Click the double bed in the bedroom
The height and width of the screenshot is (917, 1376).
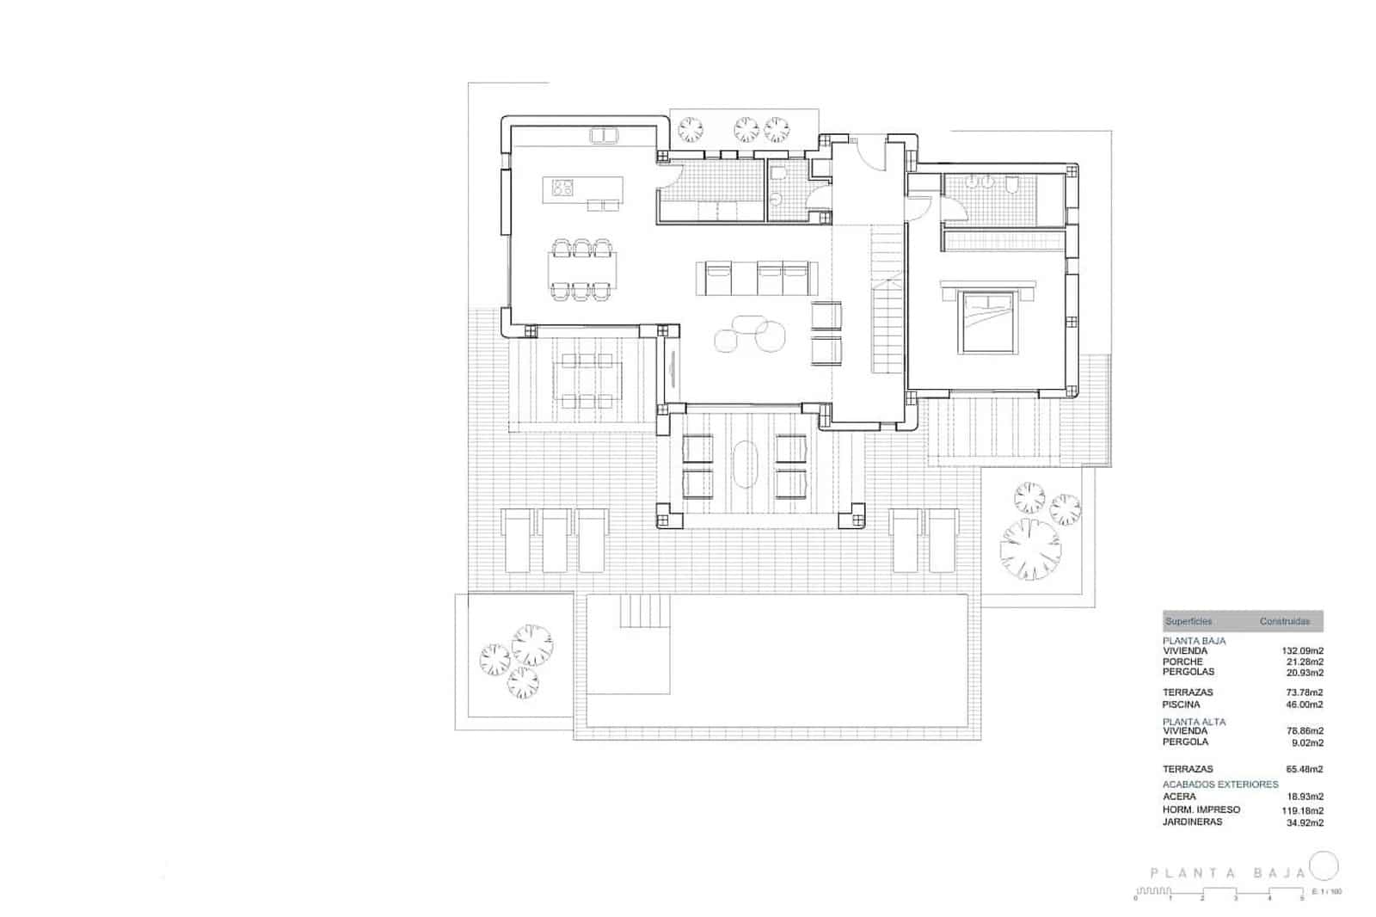(987, 320)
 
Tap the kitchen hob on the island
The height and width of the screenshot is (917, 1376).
(563, 187)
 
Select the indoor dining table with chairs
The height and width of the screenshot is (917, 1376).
(582, 269)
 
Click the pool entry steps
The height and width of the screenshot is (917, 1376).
(644, 612)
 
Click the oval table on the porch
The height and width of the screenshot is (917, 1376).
(745, 465)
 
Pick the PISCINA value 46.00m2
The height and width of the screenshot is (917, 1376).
(1303, 705)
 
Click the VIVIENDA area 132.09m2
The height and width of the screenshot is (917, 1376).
(1303, 651)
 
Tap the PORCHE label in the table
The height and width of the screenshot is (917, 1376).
(1182, 662)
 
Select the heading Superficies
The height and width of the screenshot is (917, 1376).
(1189, 621)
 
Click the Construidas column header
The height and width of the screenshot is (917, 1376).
(1285, 621)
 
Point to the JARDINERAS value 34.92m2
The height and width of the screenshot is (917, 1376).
(1303, 822)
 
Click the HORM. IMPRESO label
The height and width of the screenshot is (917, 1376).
(1201, 809)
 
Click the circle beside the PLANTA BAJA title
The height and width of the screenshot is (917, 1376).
(1324, 865)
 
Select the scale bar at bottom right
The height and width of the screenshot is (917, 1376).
(1219, 894)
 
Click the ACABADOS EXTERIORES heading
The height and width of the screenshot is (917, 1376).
(1219, 785)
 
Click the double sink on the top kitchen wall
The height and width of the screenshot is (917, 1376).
(603, 134)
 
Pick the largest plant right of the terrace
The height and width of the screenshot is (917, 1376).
(1029, 547)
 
